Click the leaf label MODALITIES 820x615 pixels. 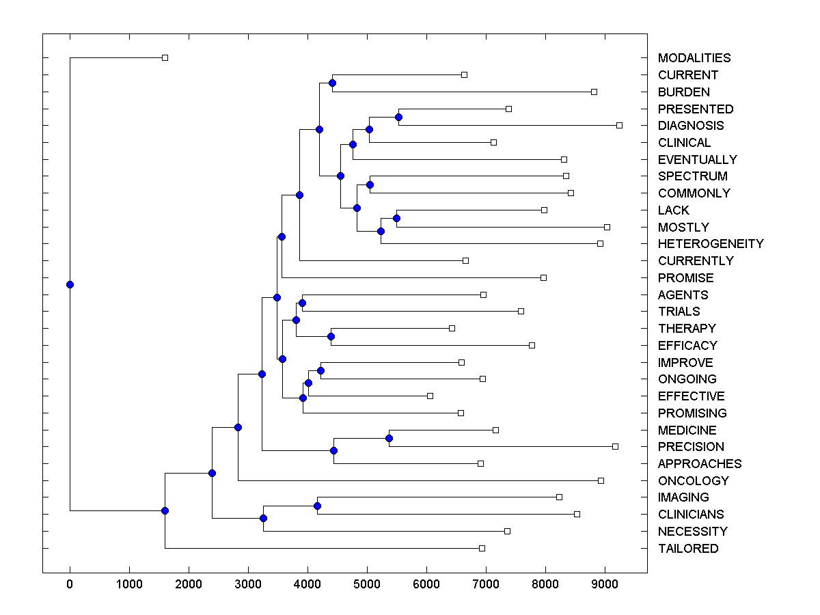694,58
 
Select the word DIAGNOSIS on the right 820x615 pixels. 690,126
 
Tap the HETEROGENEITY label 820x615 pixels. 711,244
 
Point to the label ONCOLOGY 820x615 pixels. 693,481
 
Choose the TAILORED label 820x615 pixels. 687,549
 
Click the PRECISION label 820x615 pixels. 691,447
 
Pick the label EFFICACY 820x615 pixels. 687,346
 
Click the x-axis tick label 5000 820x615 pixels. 367,583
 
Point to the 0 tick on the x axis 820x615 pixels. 70,583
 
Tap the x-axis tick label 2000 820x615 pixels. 189,583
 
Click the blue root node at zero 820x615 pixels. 70,284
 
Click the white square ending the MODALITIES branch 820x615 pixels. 165,58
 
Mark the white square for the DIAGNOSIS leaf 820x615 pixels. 619,125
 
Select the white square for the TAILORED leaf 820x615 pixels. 482,548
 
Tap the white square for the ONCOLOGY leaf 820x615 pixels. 601,480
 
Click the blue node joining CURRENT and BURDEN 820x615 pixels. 332,83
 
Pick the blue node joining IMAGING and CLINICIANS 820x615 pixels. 317,506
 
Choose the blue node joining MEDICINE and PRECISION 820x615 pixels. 389,438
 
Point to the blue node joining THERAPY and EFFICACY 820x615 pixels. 331,336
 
